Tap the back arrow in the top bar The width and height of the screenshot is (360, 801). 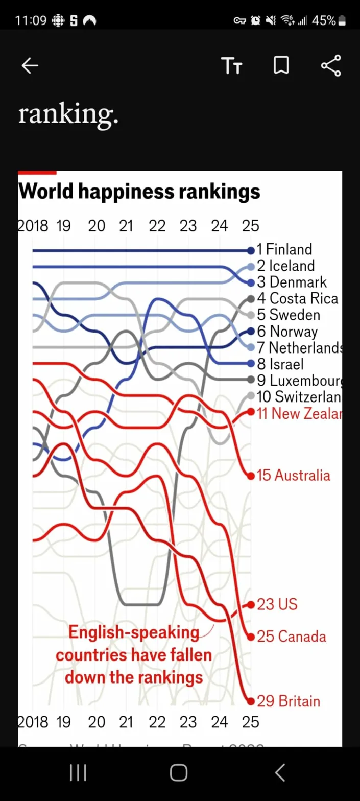click(30, 66)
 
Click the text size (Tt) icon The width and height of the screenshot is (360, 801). click(231, 66)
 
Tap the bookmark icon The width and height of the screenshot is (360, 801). click(281, 66)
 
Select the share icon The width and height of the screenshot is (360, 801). click(331, 66)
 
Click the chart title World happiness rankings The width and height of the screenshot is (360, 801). click(139, 192)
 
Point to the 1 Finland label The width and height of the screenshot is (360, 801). click(284, 249)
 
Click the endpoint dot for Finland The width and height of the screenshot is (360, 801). click(250, 250)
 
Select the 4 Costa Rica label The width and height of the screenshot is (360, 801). click(298, 298)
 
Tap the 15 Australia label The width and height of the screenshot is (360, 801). click(294, 476)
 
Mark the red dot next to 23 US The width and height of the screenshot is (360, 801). click(250, 605)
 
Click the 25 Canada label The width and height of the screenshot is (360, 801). click(291, 637)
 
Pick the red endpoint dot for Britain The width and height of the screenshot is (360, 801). click(250, 701)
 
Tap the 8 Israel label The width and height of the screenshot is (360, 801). click(280, 364)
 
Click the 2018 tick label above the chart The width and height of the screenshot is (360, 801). click(33, 226)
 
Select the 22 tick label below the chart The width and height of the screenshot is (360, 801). click(157, 722)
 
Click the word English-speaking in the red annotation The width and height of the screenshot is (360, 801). click(134, 632)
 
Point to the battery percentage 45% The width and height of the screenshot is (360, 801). click(324, 21)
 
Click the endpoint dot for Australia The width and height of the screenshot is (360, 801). click(250, 476)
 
